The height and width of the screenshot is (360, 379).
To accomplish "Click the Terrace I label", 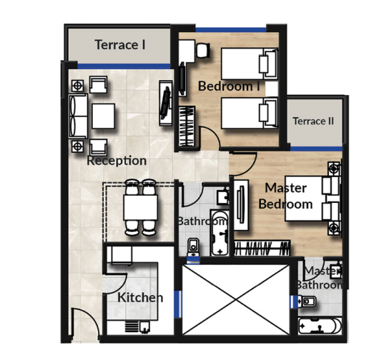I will point(120,45).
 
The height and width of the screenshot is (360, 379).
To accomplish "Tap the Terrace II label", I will point(313,121).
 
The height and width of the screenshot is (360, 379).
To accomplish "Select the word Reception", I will point(117,161).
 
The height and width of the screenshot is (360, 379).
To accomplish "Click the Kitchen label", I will point(140,297).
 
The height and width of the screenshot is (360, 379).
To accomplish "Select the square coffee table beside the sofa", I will point(104,115).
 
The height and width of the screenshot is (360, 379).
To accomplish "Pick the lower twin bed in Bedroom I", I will point(247,113).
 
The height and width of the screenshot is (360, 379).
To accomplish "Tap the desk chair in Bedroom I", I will point(202,49).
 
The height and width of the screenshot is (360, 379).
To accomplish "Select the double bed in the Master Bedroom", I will point(311,200).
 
